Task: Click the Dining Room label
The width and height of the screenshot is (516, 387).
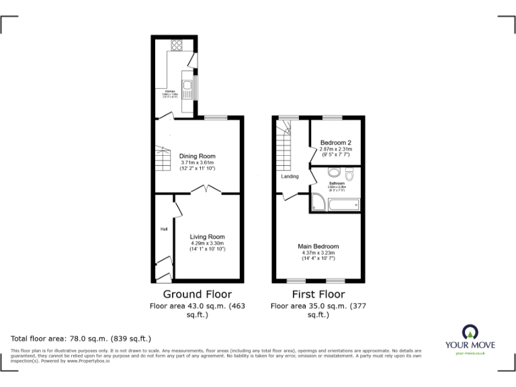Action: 198,157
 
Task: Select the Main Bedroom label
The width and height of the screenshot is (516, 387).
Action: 318,246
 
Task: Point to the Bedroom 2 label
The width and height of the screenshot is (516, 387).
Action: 335,142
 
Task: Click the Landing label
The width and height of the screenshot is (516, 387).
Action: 290,177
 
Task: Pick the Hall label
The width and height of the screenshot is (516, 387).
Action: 163,229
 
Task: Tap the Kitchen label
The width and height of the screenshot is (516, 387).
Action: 170,91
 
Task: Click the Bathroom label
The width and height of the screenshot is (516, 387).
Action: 337,183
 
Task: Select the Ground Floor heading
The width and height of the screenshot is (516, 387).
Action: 198,294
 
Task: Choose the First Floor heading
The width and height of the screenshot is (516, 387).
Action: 318,294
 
